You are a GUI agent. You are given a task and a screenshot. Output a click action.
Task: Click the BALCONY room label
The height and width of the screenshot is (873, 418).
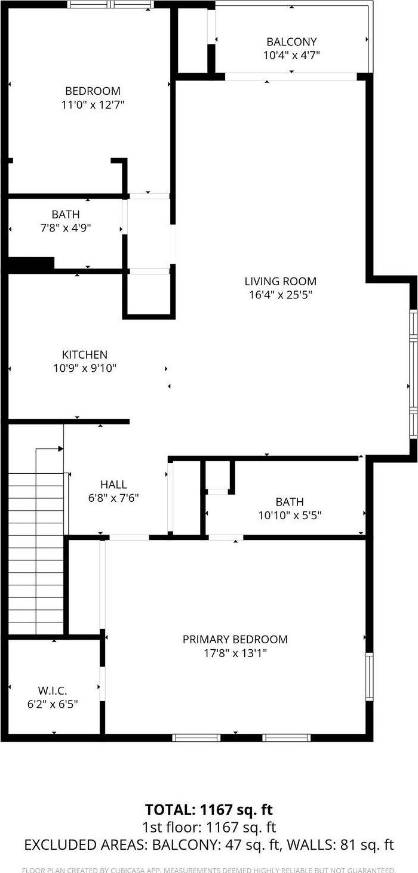(x=291, y=42)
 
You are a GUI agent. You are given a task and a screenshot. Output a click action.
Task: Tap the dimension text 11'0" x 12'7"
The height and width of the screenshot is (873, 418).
(x=93, y=104)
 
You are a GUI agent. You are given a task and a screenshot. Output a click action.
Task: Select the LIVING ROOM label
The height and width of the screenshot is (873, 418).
(x=281, y=281)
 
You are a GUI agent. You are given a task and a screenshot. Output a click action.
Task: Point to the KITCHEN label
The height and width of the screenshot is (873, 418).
(x=85, y=354)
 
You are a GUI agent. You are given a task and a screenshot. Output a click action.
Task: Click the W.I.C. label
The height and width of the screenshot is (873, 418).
(x=53, y=690)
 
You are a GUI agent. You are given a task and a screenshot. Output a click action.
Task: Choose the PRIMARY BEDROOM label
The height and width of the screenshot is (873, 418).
(x=235, y=639)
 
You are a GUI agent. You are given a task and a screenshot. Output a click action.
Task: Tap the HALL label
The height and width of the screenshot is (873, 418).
(x=113, y=485)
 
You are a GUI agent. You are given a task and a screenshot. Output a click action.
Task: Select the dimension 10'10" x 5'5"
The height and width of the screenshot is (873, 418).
(x=290, y=516)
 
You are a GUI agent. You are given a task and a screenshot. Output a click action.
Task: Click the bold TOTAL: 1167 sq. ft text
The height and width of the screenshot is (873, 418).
(x=208, y=810)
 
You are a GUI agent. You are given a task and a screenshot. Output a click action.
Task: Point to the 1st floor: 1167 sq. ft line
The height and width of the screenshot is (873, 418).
(x=208, y=828)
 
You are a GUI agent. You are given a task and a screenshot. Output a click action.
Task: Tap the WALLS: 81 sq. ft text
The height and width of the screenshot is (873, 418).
(x=339, y=845)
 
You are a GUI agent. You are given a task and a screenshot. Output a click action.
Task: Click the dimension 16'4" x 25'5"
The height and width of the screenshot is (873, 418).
(x=281, y=295)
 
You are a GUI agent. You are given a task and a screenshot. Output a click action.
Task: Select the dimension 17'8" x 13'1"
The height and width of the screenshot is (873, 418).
(x=235, y=653)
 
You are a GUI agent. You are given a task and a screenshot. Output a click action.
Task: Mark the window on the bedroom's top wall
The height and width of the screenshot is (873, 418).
(x=110, y=4)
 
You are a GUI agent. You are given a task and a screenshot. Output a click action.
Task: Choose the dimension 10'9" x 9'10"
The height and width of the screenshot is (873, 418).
(x=85, y=368)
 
